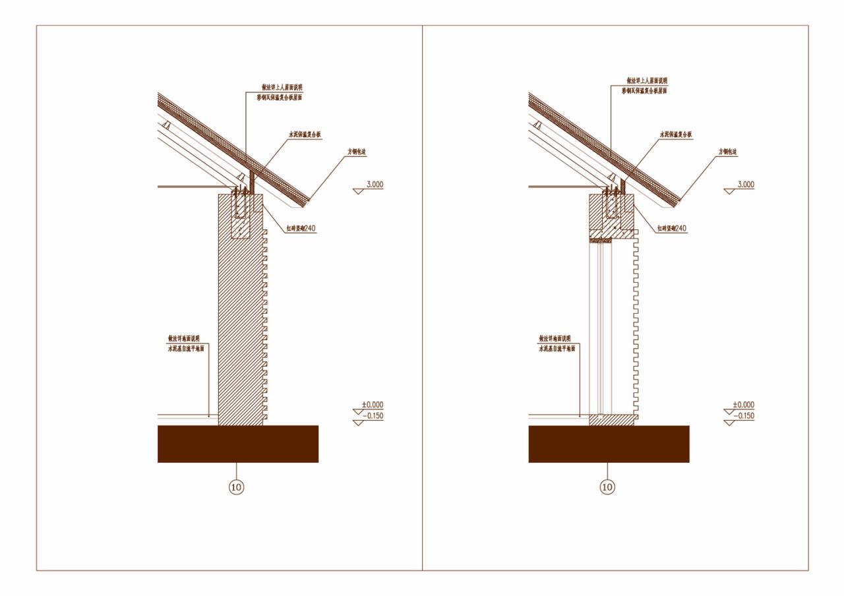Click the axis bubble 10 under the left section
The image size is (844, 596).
[x=236, y=487]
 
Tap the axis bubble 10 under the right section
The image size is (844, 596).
[x=607, y=487]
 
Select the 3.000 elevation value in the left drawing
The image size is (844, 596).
[x=375, y=185]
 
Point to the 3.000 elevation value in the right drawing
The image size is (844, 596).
[x=745, y=185]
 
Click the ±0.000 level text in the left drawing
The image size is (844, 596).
[x=373, y=405]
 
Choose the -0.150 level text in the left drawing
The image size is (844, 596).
[x=373, y=416]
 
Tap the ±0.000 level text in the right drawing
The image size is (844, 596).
[x=743, y=405]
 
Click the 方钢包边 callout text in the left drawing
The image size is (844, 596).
[x=357, y=152]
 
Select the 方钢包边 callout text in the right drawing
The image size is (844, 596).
[x=727, y=152]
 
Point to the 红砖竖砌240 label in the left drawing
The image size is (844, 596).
[x=301, y=229]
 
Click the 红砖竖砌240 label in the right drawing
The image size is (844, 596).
[x=672, y=229]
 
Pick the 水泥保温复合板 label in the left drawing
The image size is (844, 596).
[x=305, y=134]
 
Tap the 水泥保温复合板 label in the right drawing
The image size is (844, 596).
[x=676, y=134]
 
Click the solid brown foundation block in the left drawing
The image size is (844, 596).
[x=237, y=444]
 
